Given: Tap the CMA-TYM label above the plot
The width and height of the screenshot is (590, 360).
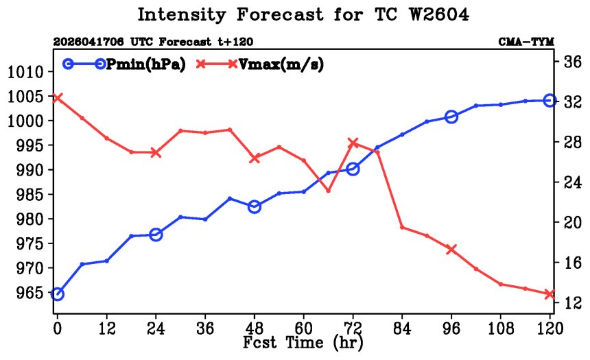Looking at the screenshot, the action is click(526, 42).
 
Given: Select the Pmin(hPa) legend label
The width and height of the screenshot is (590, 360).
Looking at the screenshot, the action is click(146, 64).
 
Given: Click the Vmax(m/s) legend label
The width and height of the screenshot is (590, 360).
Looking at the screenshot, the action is click(281, 64).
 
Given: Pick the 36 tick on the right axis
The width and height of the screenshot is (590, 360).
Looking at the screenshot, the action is click(573, 61).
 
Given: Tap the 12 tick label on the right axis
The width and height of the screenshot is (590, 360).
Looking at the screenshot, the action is click(573, 302).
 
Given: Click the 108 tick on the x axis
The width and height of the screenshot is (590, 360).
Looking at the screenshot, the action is click(501, 328).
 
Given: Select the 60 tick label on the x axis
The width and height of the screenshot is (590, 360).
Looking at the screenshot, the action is click(304, 328).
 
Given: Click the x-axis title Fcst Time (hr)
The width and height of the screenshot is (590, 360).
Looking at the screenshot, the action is click(303, 343).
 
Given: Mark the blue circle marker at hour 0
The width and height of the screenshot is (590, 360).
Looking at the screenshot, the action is click(57, 294).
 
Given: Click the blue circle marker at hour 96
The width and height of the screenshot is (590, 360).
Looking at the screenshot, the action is click(451, 117).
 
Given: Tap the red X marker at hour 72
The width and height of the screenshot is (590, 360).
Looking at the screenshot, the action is click(353, 143).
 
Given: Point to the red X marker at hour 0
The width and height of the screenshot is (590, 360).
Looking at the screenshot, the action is click(57, 98).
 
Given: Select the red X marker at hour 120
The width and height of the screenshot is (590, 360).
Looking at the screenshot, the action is click(550, 294).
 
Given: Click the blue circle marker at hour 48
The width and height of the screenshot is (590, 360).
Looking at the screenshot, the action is click(255, 206).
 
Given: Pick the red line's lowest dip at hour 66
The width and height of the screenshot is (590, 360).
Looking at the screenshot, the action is click(328, 191).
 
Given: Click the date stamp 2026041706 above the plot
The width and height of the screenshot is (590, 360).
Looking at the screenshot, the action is click(88, 42).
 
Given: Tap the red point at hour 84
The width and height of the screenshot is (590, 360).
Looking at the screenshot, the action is click(402, 227).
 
